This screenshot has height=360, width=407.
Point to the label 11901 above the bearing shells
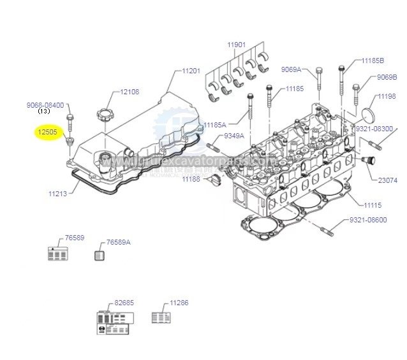tap(237, 45)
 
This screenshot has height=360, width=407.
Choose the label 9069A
tap(291, 69)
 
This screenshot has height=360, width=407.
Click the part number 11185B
tap(373, 61)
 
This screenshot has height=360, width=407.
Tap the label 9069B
tap(387, 77)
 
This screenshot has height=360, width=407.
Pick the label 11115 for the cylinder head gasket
tap(373, 205)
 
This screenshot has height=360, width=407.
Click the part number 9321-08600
tap(368, 219)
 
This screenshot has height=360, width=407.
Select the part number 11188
tap(191, 180)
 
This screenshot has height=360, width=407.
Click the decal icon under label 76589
tap(58, 254)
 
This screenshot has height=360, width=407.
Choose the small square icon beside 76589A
tap(98, 256)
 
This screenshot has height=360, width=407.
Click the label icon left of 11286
tap(160, 317)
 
